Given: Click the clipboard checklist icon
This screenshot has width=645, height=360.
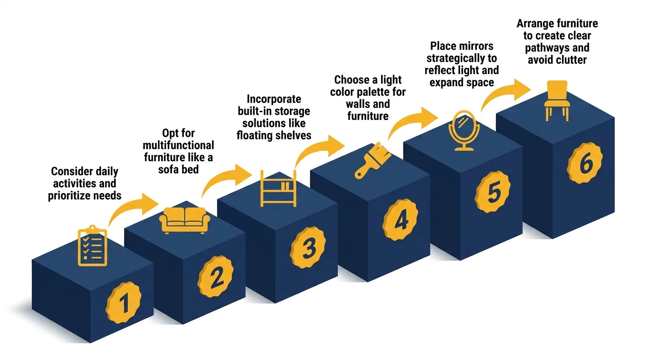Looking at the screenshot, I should pos(92,247).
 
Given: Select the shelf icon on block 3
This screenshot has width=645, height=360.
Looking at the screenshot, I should pos(278,188).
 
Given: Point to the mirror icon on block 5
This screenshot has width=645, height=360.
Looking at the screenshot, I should pos(462,130).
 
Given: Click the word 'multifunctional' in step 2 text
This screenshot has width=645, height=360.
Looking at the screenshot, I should pos(178,145).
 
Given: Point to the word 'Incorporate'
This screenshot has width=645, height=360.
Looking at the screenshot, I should pos(274,99).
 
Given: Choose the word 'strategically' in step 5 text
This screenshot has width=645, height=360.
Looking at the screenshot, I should pos(461,59).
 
